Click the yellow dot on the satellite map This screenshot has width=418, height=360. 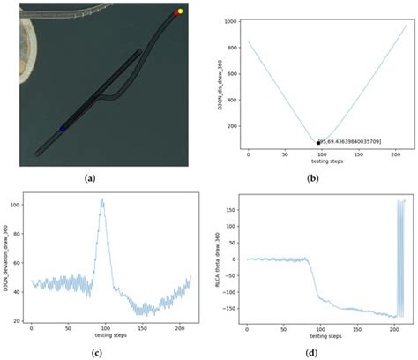pos(180,11)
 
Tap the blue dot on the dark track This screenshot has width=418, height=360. pos(62,129)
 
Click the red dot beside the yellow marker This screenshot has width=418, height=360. pos(176,14)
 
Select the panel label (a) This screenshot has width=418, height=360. pos(89,177)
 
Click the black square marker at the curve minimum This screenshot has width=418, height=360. pos(317,143)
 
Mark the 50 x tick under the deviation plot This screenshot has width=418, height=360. pos(67,332)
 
